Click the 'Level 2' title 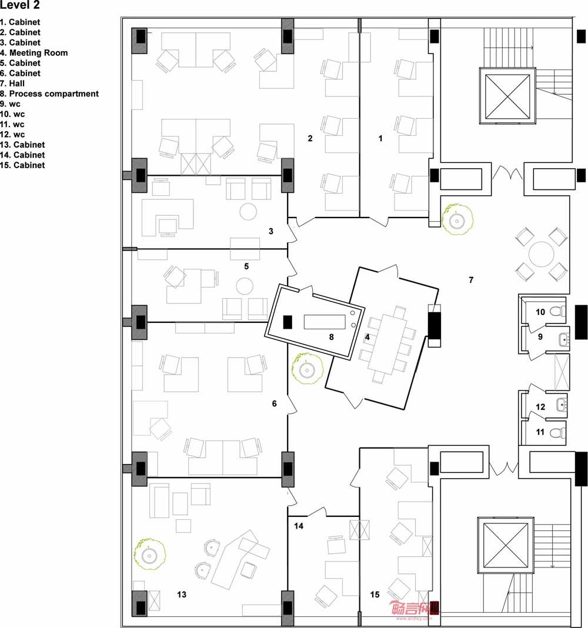pyautogui.click(x=20, y=5)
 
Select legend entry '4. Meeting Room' pyautogui.click(x=34, y=53)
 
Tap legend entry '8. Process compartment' pyautogui.click(x=49, y=93)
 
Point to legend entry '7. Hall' pyautogui.click(x=12, y=83)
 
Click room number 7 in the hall pyautogui.click(x=471, y=280)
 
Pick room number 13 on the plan pyautogui.click(x=182, y=594)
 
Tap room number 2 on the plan pyautogui.click(x=310, y=138)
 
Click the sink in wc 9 pyautogui.click(x=564, y=340)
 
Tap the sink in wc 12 pyautogui.click(x=562, y=405)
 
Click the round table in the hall pyautogui.click(x=541, y=254)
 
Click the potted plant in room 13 pyautogui.click(x=150, y=554)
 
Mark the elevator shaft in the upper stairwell pyautogui.click(x=507, y=96)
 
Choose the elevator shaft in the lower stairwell pyautogui.click(x=506, y=545)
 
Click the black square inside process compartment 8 pyautogui.click(x=288, y=322)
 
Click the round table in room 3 pyautogui.click(x=248, y=212)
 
